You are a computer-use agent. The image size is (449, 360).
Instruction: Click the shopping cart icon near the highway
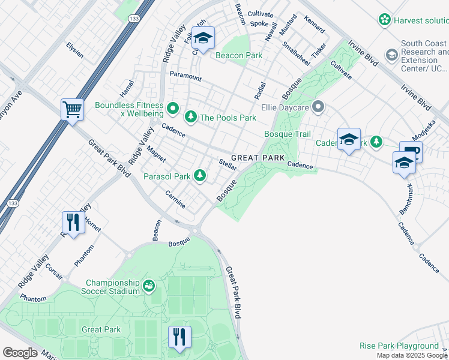click(72, 110)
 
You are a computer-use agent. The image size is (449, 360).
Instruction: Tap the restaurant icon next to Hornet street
click(73, 223)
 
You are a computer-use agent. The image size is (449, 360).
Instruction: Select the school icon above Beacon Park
click(203, 38)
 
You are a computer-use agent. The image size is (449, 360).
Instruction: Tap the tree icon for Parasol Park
click(200, 176)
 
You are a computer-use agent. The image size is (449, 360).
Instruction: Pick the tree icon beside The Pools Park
click(191, 116)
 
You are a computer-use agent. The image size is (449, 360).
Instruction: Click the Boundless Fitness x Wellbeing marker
click(173, 109)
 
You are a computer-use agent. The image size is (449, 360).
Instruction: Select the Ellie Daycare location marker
click(319, 108)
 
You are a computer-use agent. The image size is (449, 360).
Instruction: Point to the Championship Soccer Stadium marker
click(149, 287)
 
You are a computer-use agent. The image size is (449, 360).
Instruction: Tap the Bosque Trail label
click(288, 134)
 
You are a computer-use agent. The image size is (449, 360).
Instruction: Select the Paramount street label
click(185, 77)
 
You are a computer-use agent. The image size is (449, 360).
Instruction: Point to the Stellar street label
click(228, 164)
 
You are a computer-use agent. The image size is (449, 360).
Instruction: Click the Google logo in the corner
click(20, 352)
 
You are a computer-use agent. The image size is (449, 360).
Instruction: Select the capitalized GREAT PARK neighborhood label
click(258, 157)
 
